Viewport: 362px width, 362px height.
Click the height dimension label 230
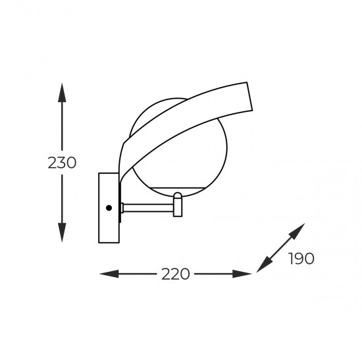click(62, 163)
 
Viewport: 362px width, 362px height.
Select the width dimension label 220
click(176, 274)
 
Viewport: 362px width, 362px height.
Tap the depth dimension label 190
click(301, 259)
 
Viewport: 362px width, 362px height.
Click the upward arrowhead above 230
click(62, 92)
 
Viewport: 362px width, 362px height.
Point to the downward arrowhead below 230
click(62, 232)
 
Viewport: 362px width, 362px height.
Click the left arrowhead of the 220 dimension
click(109, 274)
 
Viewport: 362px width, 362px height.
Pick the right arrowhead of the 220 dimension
click(242, 274)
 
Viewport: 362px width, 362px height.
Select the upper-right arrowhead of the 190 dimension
click(298, 230)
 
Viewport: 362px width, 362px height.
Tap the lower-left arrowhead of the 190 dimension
click(265, 265)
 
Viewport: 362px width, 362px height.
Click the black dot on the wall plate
click(109, 208)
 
